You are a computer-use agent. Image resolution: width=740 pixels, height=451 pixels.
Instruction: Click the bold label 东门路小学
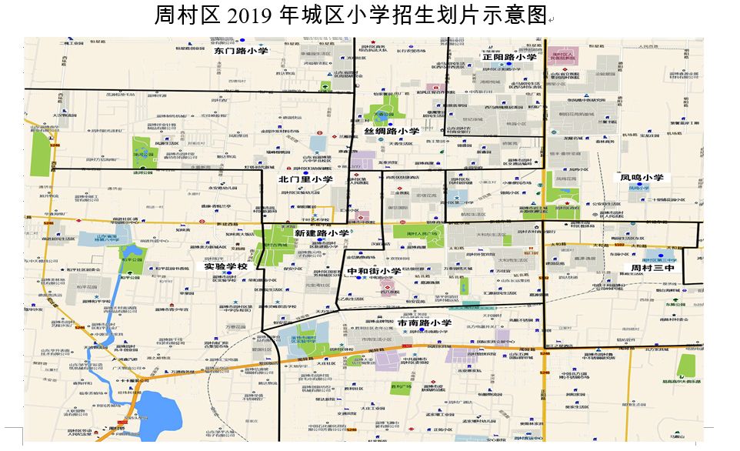click(x=241, y=52)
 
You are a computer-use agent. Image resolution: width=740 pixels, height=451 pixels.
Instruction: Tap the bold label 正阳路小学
click(x=509, y=57)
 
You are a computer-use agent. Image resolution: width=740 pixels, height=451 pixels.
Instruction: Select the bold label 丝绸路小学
click(x=392, y=132)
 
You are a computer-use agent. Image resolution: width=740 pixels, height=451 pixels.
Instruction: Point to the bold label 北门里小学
click(x=305, y=179)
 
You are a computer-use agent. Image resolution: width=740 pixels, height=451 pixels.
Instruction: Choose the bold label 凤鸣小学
click(x=642, y=178)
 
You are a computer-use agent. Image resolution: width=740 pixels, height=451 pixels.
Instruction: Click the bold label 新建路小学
click(x=322, y=232)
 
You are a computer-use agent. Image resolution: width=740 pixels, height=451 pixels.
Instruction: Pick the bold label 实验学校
click(x=225, y=266)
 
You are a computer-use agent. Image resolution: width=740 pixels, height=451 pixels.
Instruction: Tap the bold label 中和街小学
click(x=374, y=271)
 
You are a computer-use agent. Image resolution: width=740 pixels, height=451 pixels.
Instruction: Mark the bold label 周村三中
click(x=652, y=269)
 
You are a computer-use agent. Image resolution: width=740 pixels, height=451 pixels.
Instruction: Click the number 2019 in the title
click(x=268, y=16)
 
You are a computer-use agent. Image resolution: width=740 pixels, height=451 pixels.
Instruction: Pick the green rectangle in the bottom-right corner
click(x=686, y=366)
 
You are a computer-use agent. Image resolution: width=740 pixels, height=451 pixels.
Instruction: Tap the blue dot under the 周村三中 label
click(x=660, y=254)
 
